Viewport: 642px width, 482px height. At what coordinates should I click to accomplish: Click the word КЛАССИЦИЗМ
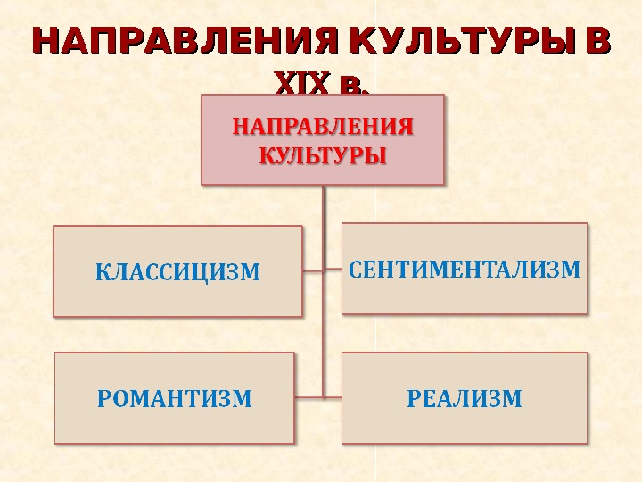pos(177,271)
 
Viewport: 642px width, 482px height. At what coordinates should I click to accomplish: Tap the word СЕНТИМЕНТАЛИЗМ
pos(464,268)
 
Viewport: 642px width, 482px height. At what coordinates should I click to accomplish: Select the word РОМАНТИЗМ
pos(174,398)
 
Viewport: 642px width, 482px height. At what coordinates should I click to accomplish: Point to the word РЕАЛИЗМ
pos(464,398)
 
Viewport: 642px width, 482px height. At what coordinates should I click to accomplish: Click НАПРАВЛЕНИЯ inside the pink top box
pos(323,126)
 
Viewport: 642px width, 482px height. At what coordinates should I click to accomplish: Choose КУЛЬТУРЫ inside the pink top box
pos(323,155)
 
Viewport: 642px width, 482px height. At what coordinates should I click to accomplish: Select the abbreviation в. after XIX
pos(351,85)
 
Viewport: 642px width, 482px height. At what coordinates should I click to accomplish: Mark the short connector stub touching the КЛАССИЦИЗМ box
pos(312,270)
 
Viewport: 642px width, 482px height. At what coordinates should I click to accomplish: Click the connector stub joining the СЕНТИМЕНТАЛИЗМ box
pos(333,270)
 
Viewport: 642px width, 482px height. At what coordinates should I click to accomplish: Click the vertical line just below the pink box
pos(324,205)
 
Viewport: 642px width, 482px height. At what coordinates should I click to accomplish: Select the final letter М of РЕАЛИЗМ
pos(512,398)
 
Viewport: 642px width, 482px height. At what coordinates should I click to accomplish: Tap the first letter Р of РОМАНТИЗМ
pos(103,398)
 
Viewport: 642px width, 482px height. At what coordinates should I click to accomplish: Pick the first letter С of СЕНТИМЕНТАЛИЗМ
pos(353,268)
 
